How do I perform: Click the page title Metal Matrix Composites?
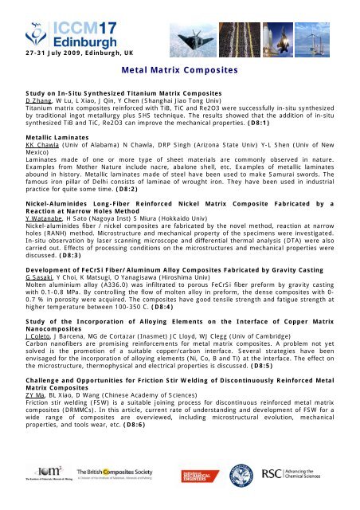179,70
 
